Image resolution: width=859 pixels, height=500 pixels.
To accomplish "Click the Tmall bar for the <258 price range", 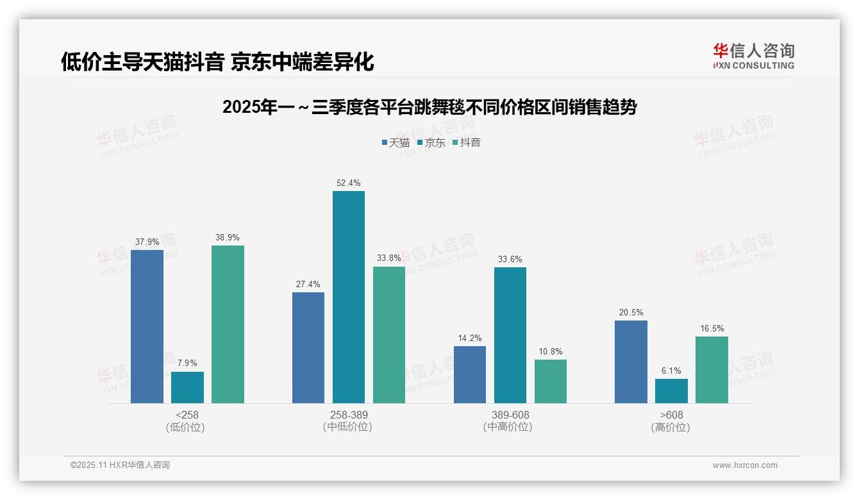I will [147, 326].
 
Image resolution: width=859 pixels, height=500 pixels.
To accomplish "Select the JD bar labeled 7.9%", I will [187, 387].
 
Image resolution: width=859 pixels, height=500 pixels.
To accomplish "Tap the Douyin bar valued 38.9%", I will [228, 324].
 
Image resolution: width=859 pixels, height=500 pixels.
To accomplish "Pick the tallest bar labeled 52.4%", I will [348, 297].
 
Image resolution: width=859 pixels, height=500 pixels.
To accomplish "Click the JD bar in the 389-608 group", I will [510, 335].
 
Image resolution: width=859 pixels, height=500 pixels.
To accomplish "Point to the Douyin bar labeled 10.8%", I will [550, 381].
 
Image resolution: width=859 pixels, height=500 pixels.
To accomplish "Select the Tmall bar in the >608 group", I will [631, 362].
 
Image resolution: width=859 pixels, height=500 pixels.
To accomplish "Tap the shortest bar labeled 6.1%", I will [671, 391].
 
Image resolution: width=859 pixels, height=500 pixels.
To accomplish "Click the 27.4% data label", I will [308, 284].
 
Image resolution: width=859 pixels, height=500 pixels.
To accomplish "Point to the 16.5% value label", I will [712, 328].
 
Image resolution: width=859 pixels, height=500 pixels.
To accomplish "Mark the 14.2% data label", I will [469, 338].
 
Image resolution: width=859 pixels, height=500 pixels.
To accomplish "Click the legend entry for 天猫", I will [396, 142].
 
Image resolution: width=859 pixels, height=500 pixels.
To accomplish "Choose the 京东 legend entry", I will [431, 142].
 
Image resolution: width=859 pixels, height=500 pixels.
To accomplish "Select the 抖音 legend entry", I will [467, 142].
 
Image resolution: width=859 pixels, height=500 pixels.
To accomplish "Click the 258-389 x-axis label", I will [349, 415].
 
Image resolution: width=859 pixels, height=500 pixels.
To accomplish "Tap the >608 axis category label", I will [671, 415].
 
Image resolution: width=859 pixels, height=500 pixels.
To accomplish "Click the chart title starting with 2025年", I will [429, 107].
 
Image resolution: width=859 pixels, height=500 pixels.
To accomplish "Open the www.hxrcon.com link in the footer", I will [745, 465].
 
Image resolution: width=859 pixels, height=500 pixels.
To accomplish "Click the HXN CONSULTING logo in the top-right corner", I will [753, 56].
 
